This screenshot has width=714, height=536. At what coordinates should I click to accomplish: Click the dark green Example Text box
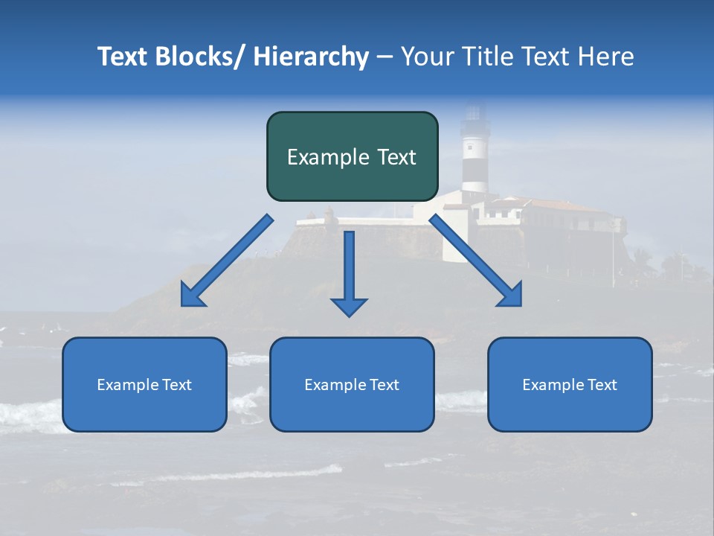coord(352,156)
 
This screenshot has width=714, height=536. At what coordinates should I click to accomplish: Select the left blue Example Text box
coord(144,384)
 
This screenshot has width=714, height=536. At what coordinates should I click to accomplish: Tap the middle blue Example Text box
coord(352,384)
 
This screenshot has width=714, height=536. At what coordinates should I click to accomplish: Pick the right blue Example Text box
coord(570,384)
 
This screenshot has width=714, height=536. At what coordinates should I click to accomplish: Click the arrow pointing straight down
coord(349,268)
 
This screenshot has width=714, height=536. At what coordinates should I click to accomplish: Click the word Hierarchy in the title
coord(311,57)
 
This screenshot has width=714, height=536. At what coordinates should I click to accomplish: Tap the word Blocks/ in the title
coord(198,57)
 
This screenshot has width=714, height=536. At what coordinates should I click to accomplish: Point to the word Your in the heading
coord(426,57)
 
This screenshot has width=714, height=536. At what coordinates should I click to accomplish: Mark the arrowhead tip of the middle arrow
coord(349,314)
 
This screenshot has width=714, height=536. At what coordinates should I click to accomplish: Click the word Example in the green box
coord(318,157)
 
